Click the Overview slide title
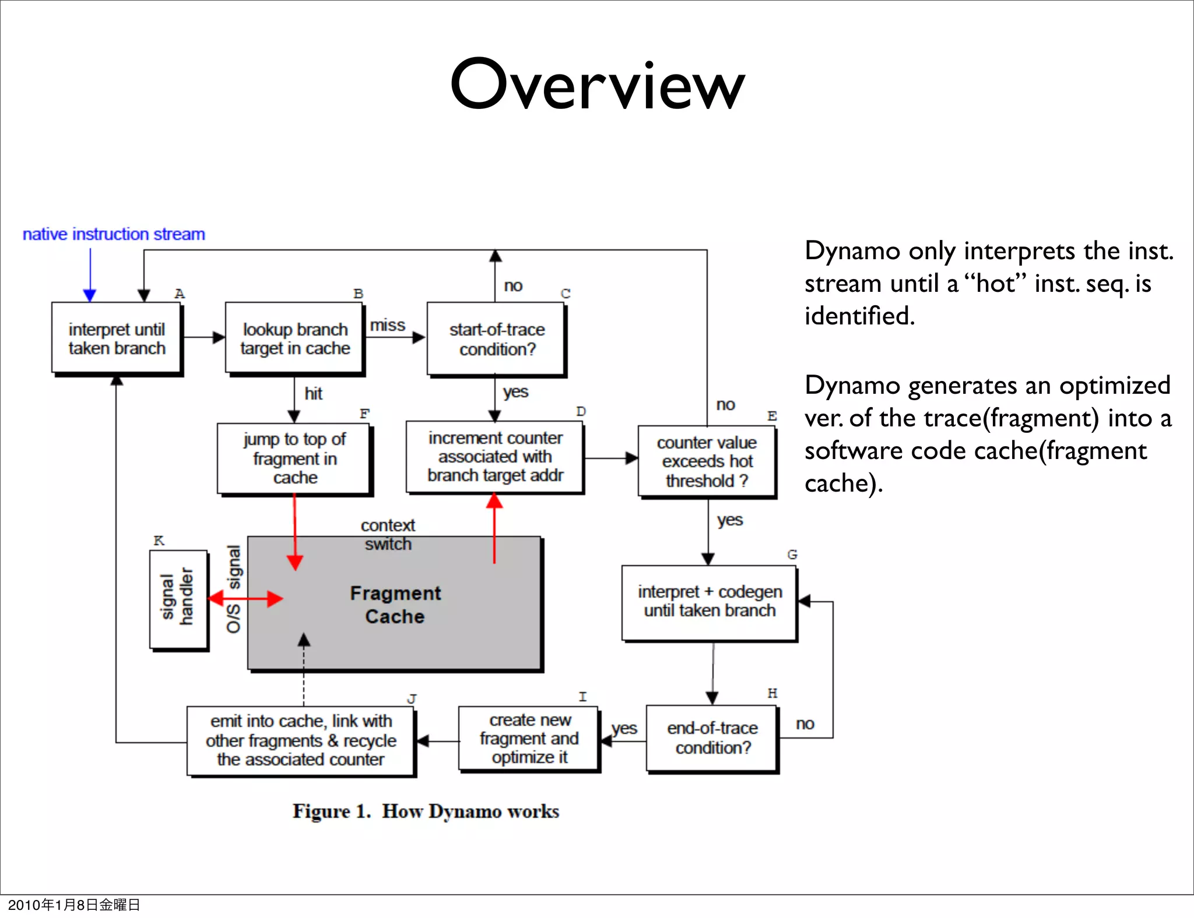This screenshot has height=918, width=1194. click(x=597, y=84)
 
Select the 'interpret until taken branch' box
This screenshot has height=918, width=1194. click(x=117, y=338)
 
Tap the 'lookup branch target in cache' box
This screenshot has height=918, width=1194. click(x=295, y=338)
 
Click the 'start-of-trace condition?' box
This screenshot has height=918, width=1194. click(x=497, y=339)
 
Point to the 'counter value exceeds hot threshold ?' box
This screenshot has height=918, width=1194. click(x=707, y=461)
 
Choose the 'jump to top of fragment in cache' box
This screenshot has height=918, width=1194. click(x=294, y=458)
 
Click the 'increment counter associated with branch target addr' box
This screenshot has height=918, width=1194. click(x=495, y=457)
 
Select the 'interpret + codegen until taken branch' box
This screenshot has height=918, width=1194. click(x=710, y=602)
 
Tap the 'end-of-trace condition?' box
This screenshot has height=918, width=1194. click(x=712, y=738)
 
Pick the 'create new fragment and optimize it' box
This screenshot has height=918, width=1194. click(x=529, y=739)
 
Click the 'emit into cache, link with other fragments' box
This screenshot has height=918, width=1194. click(x=301, y=740)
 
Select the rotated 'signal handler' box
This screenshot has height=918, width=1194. click(x=178, y=599)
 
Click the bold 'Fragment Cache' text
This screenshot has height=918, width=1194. click(x=395, y=605)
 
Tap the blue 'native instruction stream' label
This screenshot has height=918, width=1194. click(x=114, y=234)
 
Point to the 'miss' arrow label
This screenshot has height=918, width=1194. click(x=388, y=325)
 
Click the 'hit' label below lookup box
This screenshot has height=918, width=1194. click(x=313, y=394)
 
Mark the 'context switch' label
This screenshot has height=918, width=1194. click(x=388, y=534)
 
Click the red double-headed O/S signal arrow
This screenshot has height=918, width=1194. click(x=245, y=598)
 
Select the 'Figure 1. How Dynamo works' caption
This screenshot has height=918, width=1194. click(x=426, y=811)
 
